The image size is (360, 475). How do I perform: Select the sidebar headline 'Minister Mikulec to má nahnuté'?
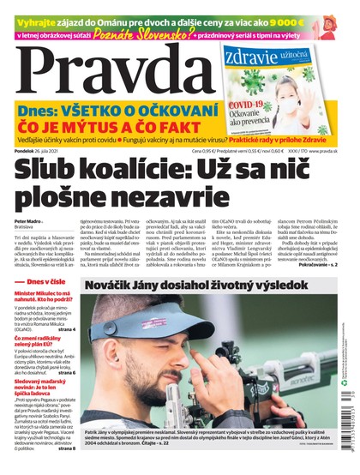pos(48,297)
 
